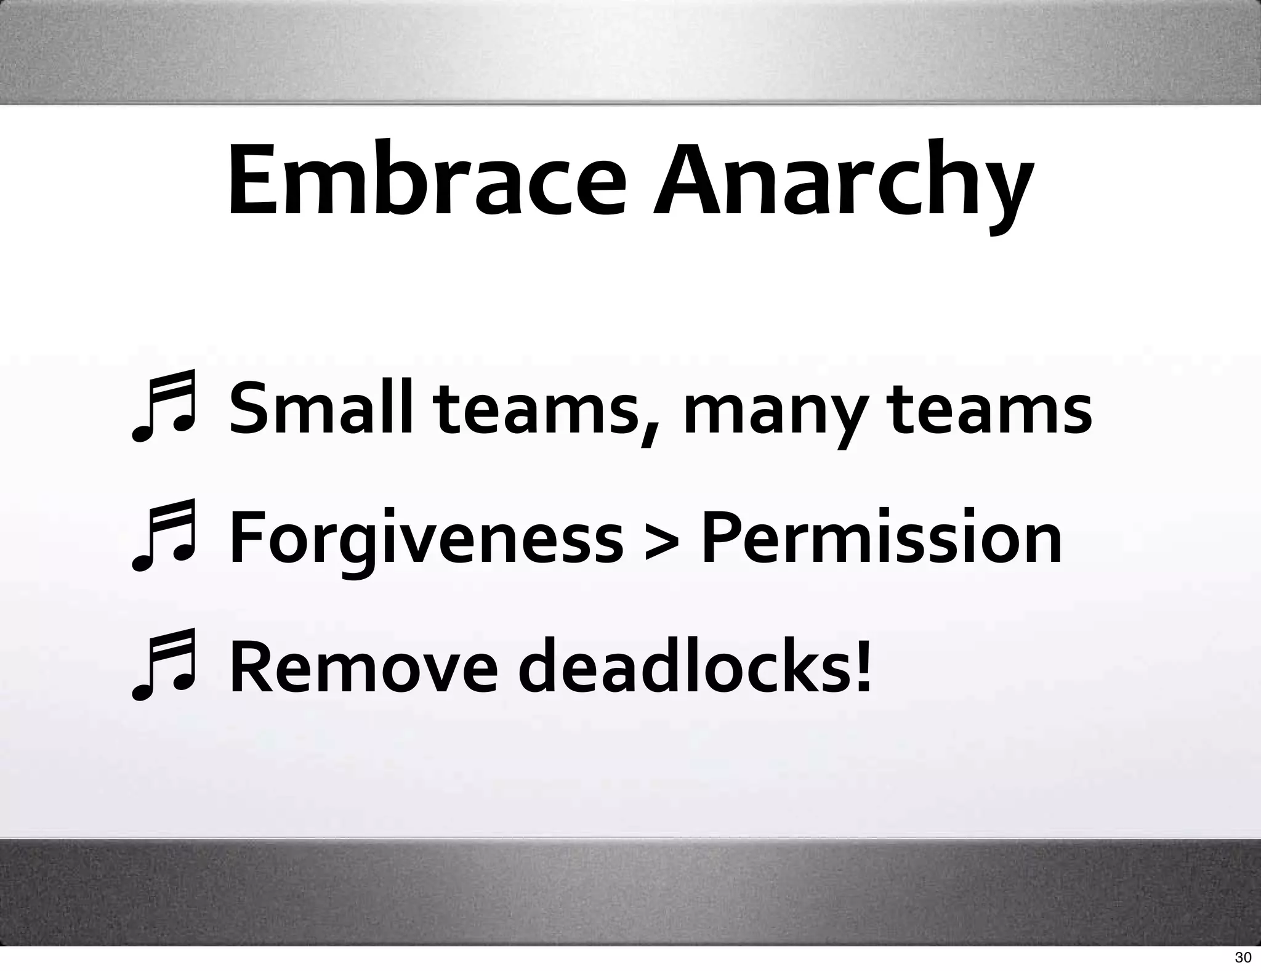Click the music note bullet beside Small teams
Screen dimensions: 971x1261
coord(163,407)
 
